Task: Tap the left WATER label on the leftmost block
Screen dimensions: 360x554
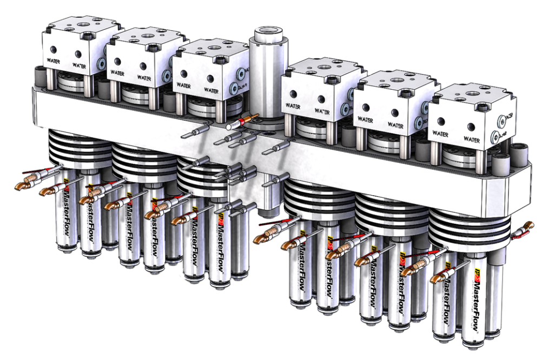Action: tap(54, 61)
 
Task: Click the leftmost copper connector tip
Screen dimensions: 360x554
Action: tap(19, 186)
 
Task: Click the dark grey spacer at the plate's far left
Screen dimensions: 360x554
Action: tap(39, 76)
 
